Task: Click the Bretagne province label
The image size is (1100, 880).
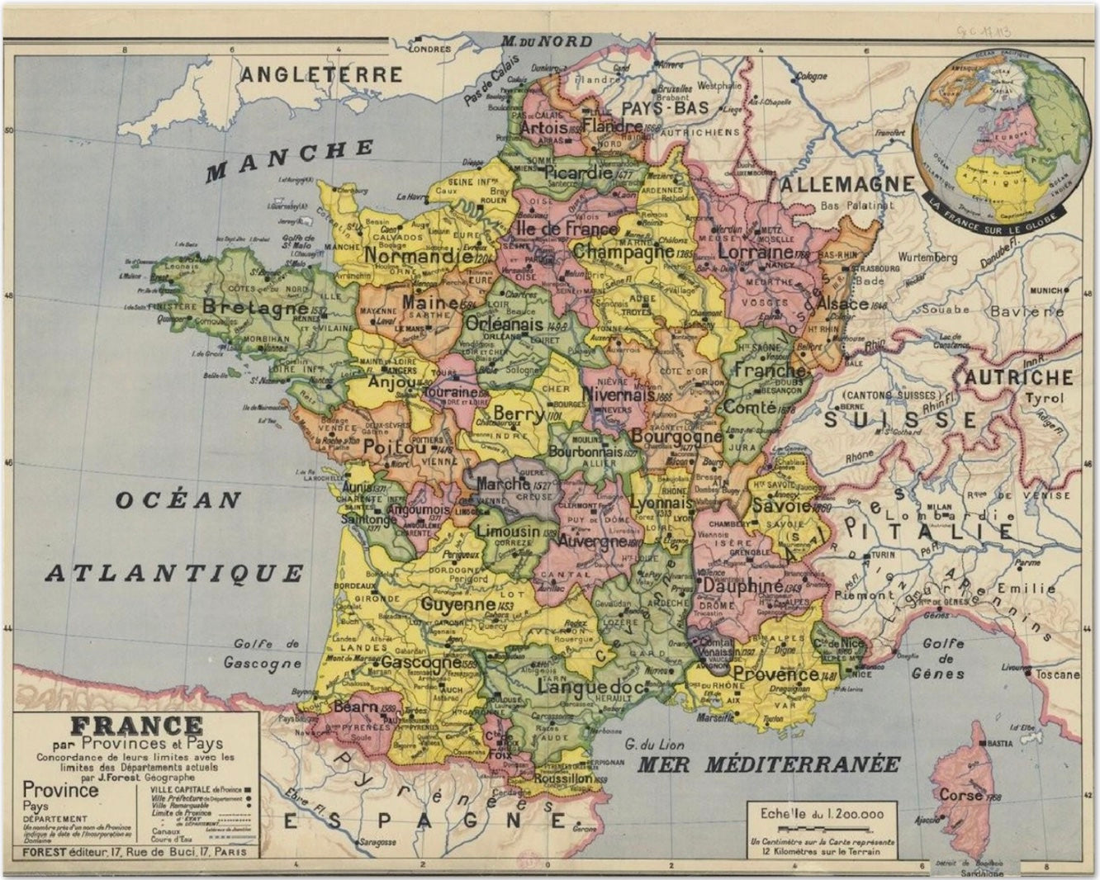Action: [x=243, y=308]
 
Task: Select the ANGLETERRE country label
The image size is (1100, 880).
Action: [x=321, y=74]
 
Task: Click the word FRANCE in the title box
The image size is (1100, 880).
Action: [x=136, y=726]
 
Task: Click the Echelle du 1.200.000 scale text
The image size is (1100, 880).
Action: [x=821, y=814]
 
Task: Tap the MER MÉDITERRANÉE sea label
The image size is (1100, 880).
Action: [x=768, y=764]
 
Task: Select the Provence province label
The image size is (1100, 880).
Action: [x=775, y=674]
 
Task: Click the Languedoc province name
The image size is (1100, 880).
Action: [x=590, y=687]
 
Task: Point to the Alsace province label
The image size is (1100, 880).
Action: [x=842, y=303]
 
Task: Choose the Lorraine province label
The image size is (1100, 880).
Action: [x=755, y=251]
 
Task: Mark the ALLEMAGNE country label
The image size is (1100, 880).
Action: [x=847, y=183]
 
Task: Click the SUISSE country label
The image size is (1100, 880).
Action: [x=900, y=420]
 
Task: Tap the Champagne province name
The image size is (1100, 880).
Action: [x=623, y=251]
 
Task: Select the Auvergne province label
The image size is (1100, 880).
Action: [x=587, y=542]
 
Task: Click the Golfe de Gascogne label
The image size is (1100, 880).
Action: [x=267, y=653]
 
